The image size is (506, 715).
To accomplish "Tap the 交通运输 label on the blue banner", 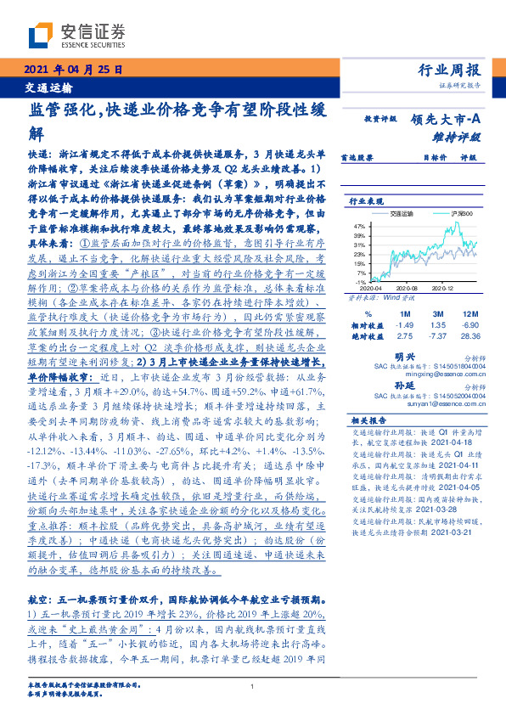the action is click(x=47, y=87).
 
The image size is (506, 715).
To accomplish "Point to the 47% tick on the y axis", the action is click(x=359, y=227).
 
